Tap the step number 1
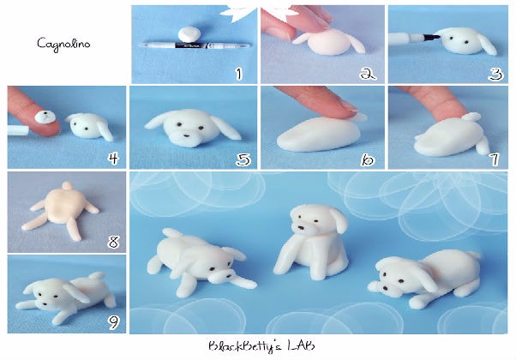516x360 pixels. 240,75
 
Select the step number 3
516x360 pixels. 495,74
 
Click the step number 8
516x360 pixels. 113,242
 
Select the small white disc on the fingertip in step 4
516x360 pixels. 40,114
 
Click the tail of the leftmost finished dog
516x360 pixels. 169,235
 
